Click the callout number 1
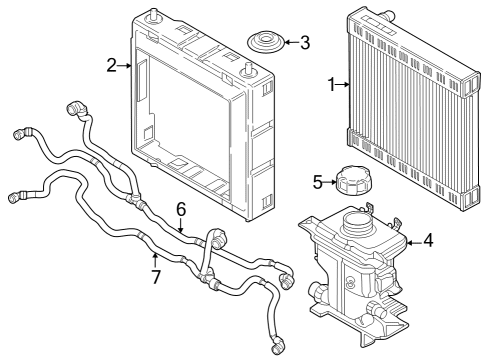click(x=331, y=86)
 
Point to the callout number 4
click(x=427, y=241)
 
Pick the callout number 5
click(x=319, y=183)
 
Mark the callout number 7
click(x=155, y=274)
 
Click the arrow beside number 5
click(x=332, y=183)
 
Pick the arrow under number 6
click(x=181, y=226)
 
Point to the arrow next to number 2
click(x=125, y=65)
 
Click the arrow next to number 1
click(x=343, y=86)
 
